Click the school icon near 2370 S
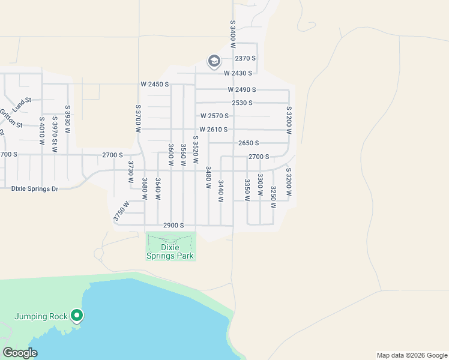214,61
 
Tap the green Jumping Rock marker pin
76,315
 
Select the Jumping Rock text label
41,316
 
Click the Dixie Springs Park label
171,251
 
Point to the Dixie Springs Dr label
35,188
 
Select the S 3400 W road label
233,31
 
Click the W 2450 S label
155,84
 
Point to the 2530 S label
242,103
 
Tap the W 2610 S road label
214,130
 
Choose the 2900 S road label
173,225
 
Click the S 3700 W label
138,114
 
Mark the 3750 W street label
121,211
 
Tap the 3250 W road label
273,197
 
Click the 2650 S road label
249,143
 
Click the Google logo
20,353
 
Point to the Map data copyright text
411,355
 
